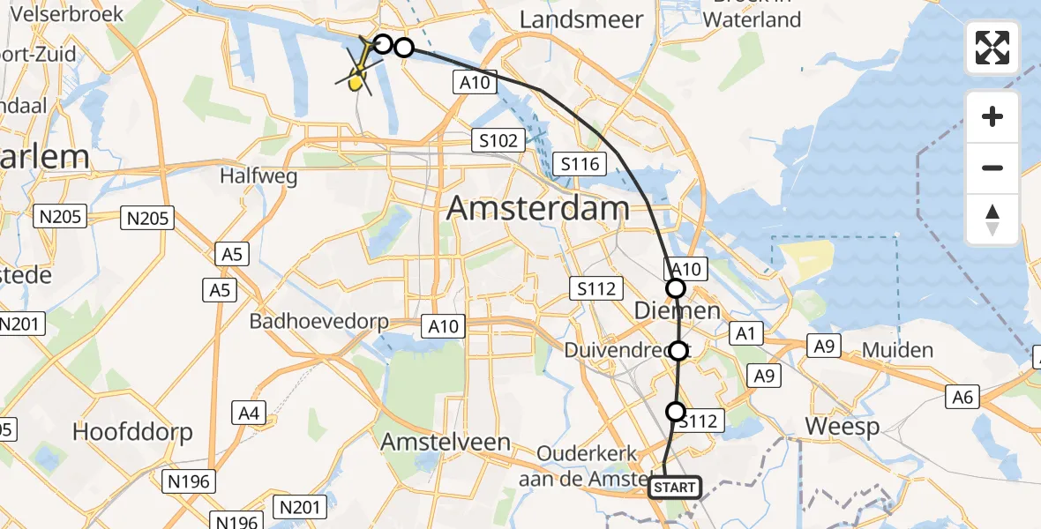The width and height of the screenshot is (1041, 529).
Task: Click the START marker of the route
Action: (675, 488)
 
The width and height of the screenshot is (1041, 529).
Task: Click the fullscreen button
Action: (992, 48)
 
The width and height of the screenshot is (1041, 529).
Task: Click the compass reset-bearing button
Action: (992, 220)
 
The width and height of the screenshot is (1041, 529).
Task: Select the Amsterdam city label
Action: (538, 209)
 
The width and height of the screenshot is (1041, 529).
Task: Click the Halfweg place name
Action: (258, 176)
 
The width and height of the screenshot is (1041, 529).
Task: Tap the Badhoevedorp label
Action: (319, 321)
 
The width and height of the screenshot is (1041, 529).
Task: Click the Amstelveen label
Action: (446, 443)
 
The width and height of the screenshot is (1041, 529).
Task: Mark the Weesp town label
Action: (843, 428)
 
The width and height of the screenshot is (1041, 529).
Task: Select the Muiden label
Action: (897, 350)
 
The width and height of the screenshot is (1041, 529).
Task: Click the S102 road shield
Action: (499, 139)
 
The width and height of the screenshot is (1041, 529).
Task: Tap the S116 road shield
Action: (580, 163)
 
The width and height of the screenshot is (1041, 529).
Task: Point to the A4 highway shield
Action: (249, 412)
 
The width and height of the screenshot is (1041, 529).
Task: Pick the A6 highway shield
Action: (962, 398)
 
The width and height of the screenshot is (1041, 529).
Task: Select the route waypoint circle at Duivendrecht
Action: (678, 351)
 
